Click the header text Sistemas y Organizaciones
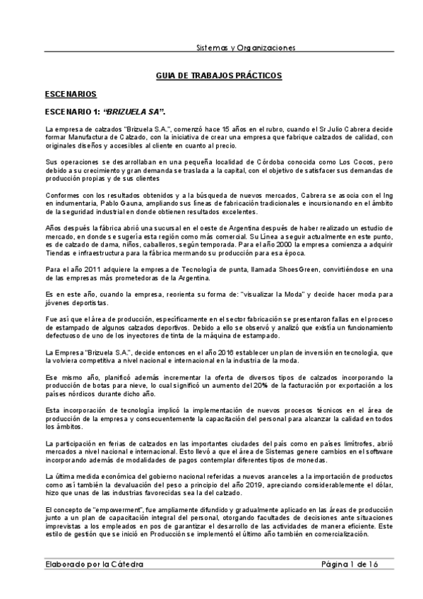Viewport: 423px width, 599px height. (x=245, y=48)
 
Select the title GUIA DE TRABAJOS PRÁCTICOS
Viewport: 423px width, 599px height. (x=218, y=75)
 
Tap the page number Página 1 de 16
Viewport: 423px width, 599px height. (x=350, y=564)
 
